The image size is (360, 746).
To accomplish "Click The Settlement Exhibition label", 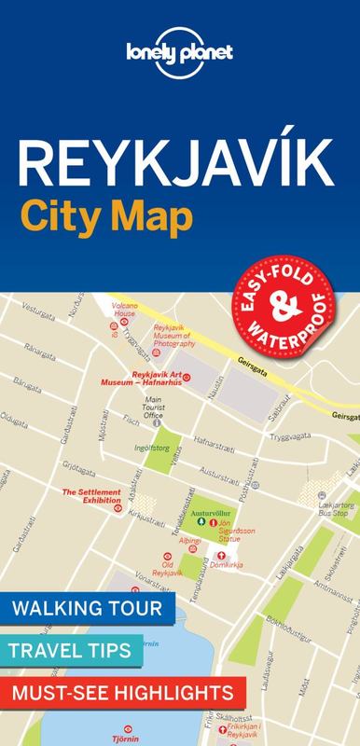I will [x=91, y=494].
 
